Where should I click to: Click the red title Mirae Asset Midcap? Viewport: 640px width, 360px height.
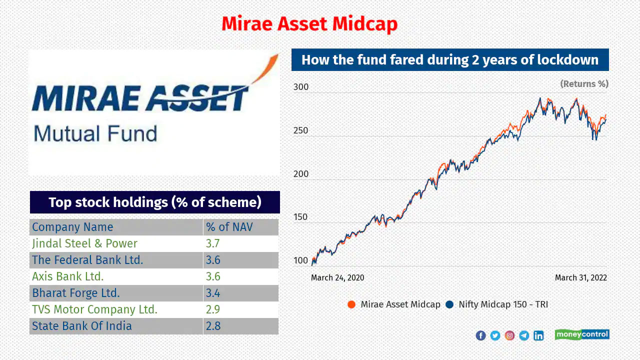tap(309, 23)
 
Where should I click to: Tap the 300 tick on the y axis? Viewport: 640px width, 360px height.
tap(301, 87)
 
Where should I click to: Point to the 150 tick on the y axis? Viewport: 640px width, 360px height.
tap(300, 217)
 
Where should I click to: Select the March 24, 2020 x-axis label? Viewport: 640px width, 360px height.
tap(337, 277)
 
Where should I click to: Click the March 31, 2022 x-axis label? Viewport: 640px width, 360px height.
tap(581, 277)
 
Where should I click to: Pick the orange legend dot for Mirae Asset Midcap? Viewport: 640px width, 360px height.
tap(351, 304)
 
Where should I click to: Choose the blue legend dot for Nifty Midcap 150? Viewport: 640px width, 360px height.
tap(449, 304)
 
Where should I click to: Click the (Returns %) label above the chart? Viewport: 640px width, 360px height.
tap(584, 84)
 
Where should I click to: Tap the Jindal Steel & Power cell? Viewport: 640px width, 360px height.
tap(84, 243)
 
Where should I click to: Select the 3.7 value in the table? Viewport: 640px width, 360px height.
tap(213, 243)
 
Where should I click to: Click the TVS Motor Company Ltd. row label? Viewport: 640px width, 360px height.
tap(94, 309)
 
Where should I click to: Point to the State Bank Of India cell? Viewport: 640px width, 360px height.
tap(81, 326)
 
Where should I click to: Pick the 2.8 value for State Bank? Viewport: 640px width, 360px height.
tap(213, 326)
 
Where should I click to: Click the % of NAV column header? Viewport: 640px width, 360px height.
tap(229, 227)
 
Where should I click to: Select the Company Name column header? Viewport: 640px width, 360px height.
tap(72, 227)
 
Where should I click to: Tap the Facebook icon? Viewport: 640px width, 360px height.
tap(481, 335)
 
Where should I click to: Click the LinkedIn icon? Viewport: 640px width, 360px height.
tap(538, 335)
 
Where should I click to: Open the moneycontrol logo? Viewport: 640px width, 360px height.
tap(582, 334)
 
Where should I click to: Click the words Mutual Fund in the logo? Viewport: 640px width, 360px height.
tap(95, 133)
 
